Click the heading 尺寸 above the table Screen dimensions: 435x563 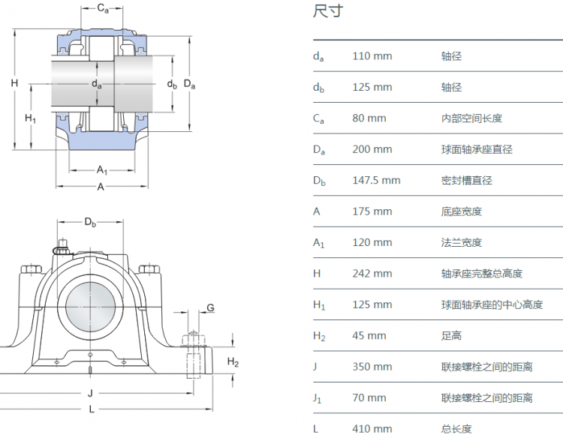click(328, 13)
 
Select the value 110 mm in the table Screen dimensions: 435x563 click(372, 56)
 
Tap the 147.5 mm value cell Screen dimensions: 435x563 click(376, 181)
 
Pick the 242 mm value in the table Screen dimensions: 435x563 click(372, 274)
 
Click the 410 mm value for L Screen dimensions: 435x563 click(372, 429)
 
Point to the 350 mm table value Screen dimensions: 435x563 click(372, 367)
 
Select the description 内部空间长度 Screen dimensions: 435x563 click(471, 118)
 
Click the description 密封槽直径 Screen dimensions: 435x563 click(466, 181)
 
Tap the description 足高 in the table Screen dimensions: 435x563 click(451, 336)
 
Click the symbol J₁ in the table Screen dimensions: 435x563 click(318, 398)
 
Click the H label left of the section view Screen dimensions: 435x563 click(14, 83)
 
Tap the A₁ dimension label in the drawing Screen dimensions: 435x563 click(102, 170)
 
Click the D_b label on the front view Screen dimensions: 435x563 click(90, 222)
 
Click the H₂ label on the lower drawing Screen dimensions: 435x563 click(233, 363)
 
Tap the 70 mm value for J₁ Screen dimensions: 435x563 click(369, 398)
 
